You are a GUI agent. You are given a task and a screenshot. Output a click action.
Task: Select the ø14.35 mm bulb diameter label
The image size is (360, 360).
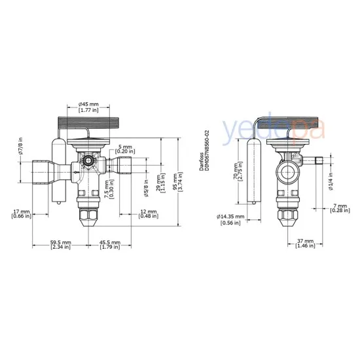[230, 219]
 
